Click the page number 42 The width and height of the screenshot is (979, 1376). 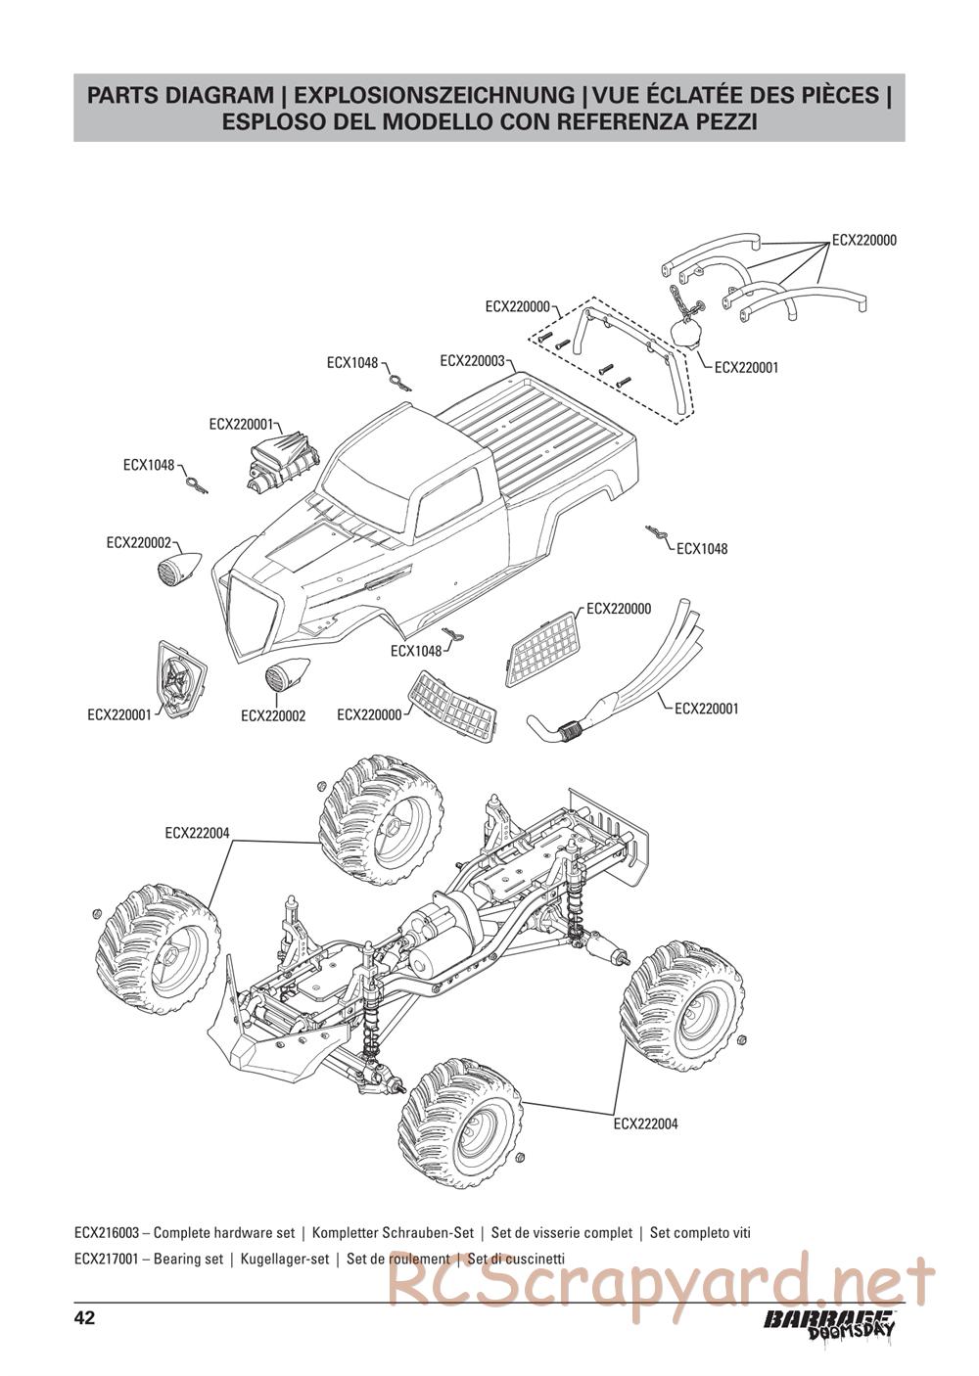click(x=84, y=1317)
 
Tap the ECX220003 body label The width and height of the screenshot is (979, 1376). click(x=472, y=361)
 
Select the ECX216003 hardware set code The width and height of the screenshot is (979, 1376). click(x=107, y=1233)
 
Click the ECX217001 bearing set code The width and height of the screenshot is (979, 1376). click(x=107, y=1260)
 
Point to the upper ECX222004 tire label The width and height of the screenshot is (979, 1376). click(x=197, y=833)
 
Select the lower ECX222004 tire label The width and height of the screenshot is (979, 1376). click(x=645, y=1124)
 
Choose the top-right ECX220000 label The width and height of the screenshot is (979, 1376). click(x=863, y=240)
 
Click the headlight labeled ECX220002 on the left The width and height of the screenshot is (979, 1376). click(x=180, y=566)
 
